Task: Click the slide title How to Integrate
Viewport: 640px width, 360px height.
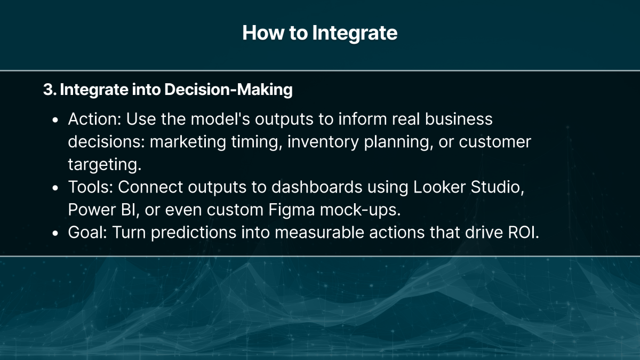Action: (319, 33)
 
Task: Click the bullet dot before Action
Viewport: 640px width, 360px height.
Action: (55, 120)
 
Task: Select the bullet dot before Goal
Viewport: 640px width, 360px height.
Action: (55, 233)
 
